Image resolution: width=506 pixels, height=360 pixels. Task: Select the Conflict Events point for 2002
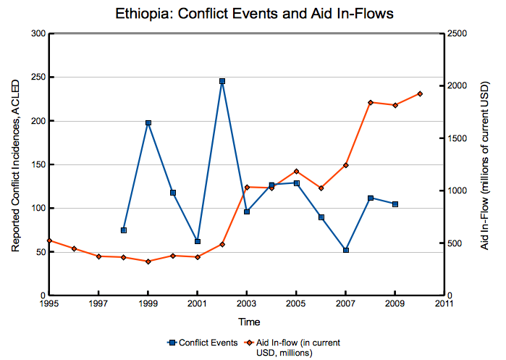point(222,81)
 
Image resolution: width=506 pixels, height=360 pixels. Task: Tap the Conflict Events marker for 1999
point(148,123)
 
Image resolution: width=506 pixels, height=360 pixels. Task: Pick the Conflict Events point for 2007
point(346,250)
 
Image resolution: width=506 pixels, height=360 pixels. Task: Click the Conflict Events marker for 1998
point(124,230)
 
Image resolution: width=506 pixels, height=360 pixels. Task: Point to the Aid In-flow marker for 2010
point(420,93)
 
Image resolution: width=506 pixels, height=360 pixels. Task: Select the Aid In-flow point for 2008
point(371,103)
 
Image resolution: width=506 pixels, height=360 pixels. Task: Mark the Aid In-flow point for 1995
point(49,240)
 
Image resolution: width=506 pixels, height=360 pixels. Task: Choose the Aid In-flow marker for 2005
point(296,171)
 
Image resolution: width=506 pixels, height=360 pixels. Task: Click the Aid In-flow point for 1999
point(148,261)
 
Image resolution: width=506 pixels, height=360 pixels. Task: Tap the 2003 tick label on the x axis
point(247,304)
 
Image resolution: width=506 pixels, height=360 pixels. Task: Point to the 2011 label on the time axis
point(444,304)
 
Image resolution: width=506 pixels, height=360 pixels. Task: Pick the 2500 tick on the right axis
point(457,34)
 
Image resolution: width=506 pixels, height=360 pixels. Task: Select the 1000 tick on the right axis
point(457,191)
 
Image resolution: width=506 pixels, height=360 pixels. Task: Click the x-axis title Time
point(247,321)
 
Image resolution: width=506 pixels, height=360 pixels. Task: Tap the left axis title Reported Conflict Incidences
point(15,164)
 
